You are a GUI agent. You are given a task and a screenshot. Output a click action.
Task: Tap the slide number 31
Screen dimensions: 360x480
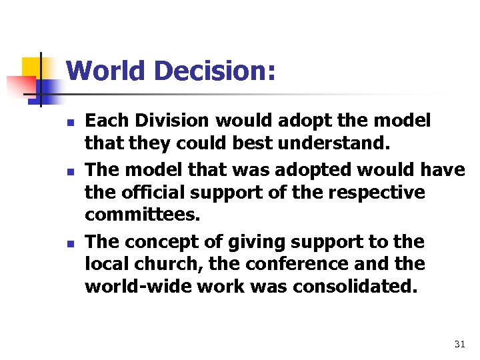pyautogui.click(x=459, y=344)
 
